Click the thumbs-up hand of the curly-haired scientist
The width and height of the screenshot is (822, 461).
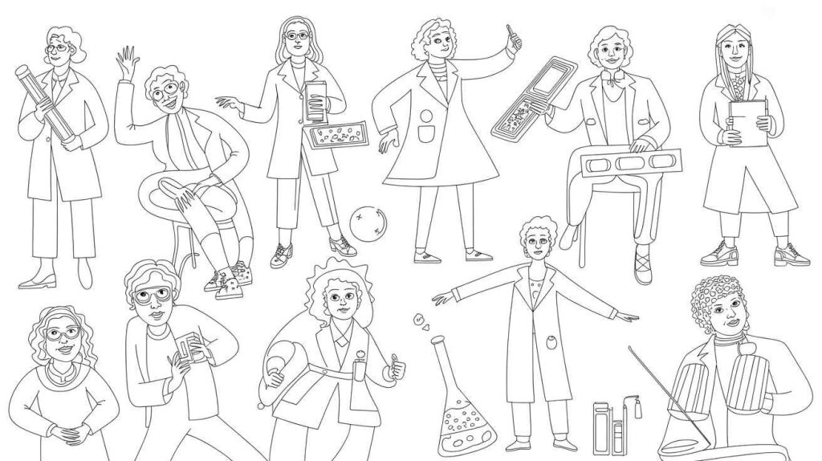395,372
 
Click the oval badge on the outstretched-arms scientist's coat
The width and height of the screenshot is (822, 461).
551,344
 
